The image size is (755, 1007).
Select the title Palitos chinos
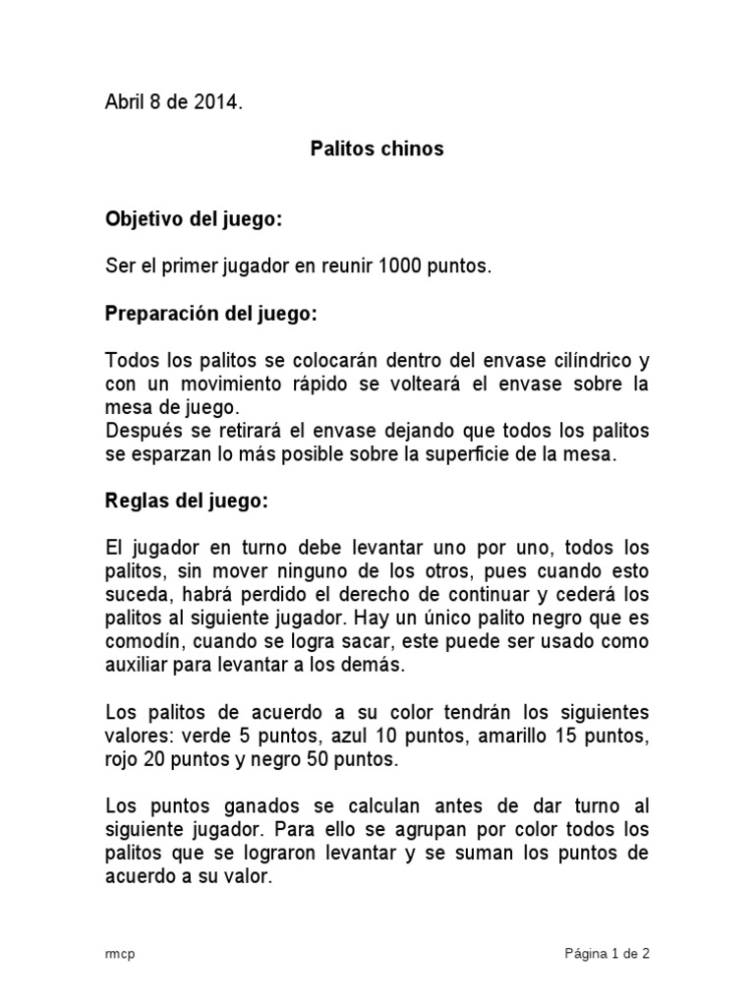[x=377, y=148]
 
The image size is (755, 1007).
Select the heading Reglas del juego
[x=186, y=501]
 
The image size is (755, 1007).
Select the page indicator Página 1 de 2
[x=607, y=953]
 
